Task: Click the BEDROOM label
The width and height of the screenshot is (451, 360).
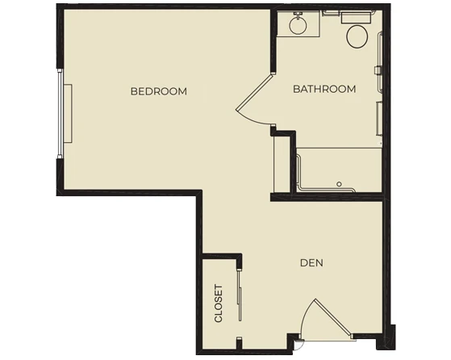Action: tap(159, 91)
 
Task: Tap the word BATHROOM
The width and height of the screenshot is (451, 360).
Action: tap(324, 89)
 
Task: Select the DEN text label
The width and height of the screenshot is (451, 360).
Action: tap(311, 262)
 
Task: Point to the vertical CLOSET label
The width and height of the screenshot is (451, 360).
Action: tap(219, 303)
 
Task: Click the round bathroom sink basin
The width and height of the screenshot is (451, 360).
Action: tap(298, 25)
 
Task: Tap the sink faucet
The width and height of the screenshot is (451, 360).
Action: tap(298, 14)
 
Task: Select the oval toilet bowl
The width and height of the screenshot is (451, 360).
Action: tap(357, 36)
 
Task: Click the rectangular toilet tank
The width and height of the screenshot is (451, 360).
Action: tap(356, 18)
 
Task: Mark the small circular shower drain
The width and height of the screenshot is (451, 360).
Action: tap(339, 184)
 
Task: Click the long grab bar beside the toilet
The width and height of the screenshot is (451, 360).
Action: tap(381, 62)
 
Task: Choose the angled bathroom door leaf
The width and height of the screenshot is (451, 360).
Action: tap(253, 92)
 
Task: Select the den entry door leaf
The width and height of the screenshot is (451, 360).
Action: tap(334, 318)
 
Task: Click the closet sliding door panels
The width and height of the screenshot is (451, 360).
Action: tap(240, 295)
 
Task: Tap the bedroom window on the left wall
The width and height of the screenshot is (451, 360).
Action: tap(60, 114)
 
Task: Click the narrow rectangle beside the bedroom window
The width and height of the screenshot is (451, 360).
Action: tap(68, 113)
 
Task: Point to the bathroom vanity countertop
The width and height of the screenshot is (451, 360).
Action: tap(299, 23)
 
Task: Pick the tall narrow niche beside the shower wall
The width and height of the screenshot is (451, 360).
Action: tap(282, 164)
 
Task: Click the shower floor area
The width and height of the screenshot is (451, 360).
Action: tap(340, 170)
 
